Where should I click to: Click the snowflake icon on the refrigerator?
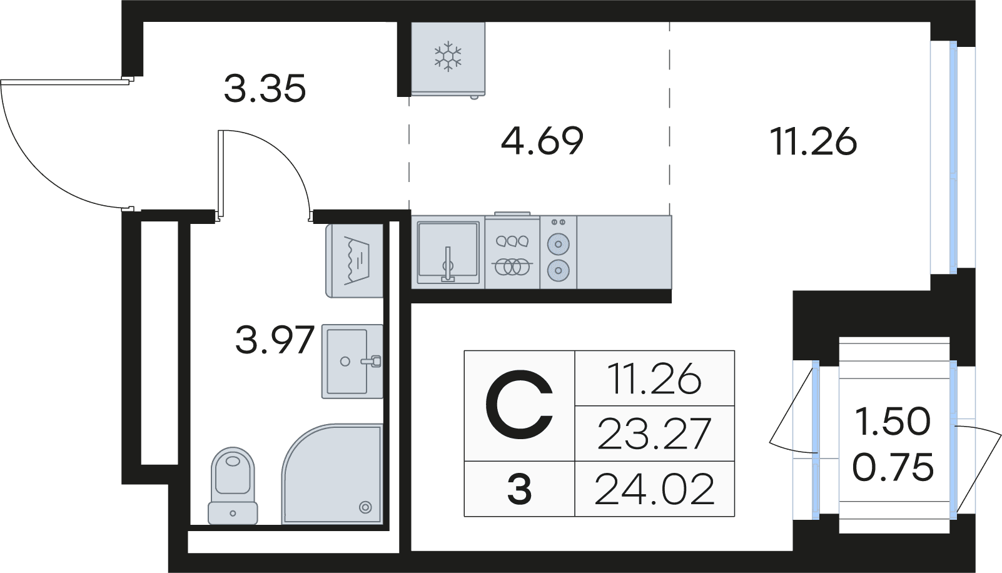click(448, 55)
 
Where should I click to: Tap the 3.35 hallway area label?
click(265, 88)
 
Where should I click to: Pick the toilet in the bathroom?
click(233, 485)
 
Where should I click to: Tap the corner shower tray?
click(331, 474)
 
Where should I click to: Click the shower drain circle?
click(365, 507)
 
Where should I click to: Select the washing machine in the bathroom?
click(355, 261)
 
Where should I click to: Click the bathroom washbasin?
click(352, 361)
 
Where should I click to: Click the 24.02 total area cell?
click(654, 490)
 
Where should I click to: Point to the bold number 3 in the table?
click(520, 490)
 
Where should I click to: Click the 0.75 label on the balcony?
click(893, 467)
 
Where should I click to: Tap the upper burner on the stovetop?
click(558, 242)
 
